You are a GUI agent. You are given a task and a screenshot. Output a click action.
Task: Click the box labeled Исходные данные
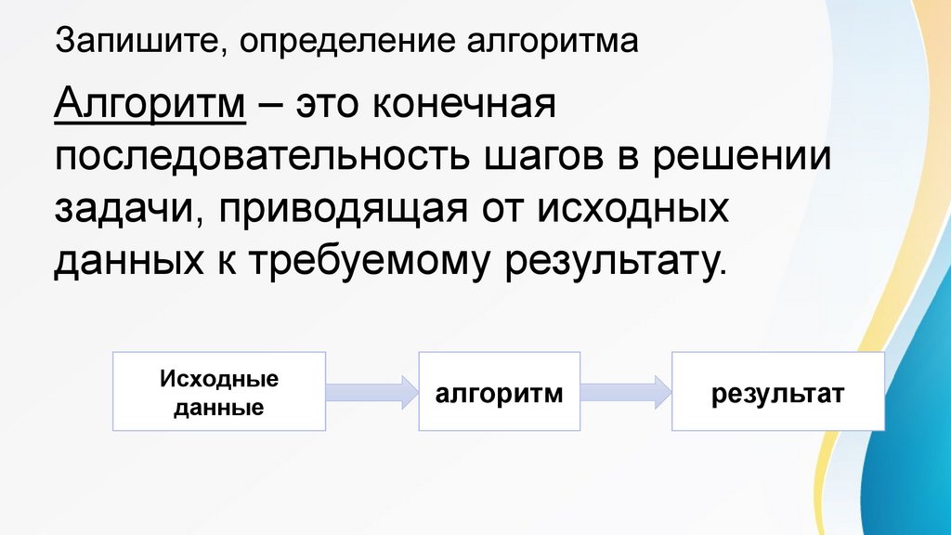pos(219,391)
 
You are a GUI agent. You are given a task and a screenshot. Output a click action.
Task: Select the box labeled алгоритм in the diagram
pos(500,391)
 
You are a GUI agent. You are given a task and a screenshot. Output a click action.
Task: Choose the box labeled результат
pos(778,391)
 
